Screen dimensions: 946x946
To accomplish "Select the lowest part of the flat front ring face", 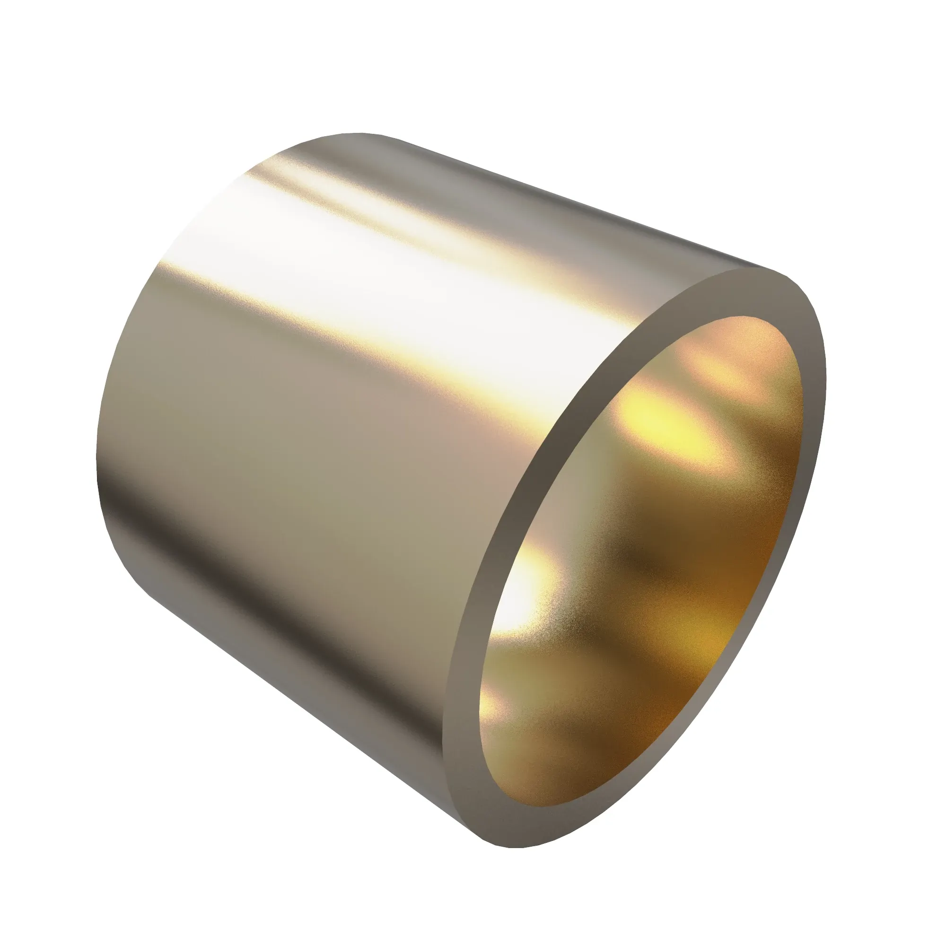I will click(x=514, y=827).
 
